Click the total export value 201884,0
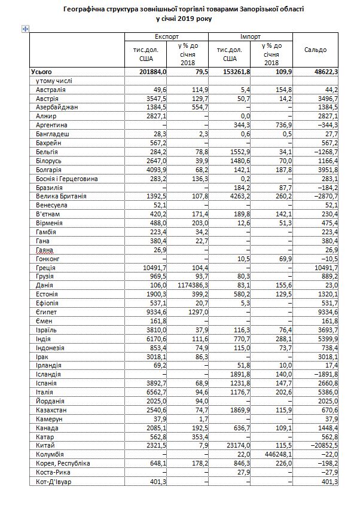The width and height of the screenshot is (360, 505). (152, 72)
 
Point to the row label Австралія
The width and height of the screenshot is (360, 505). (51, 89)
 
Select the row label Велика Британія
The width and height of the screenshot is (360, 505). (62, 196)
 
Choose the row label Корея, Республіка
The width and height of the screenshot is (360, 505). (63, 464)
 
